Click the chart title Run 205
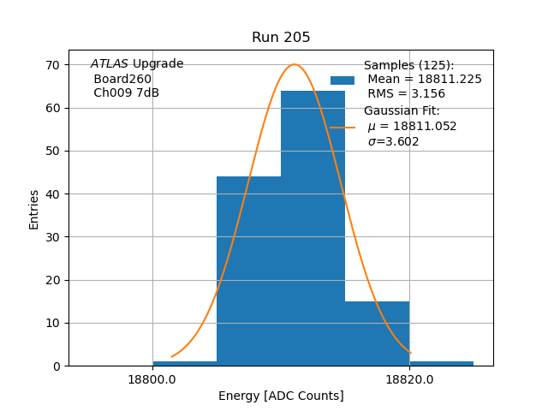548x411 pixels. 281,38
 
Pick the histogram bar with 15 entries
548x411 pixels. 377,333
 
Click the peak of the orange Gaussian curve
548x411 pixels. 294,65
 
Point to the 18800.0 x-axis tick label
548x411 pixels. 152,379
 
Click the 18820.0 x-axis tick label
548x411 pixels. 409,379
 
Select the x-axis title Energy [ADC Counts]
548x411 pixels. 281,396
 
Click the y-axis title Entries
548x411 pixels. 34,209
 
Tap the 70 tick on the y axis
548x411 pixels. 52,65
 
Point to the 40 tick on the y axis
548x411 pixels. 52,194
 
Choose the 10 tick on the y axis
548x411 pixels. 52,323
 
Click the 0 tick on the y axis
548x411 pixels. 56,366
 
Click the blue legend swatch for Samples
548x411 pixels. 342,80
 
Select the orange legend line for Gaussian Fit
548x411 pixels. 342,127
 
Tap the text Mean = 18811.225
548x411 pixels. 424,80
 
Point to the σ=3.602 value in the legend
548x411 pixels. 393,142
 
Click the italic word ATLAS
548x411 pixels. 110,64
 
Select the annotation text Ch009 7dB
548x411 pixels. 126,93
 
